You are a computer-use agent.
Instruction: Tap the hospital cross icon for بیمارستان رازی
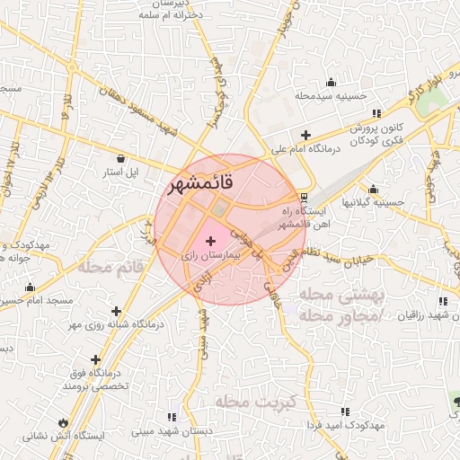(x=211, y=241)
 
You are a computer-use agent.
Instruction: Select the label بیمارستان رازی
(x=213, y=256)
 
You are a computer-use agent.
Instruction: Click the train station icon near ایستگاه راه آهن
(x=305, y=197)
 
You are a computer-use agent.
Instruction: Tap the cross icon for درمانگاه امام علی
(x=306, y=134)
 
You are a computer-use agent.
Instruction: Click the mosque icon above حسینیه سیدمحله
(x=332, y=82)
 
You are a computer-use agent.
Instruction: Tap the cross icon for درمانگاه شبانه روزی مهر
(x=116, y=311)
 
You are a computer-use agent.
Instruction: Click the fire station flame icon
(x=63, y=421)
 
